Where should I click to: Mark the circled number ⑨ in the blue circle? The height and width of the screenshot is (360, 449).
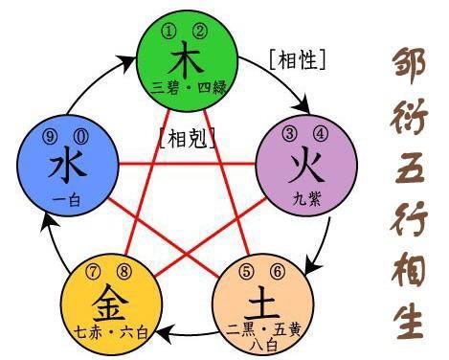coord(51,135)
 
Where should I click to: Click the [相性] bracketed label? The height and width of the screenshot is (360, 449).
coord(299,59)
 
